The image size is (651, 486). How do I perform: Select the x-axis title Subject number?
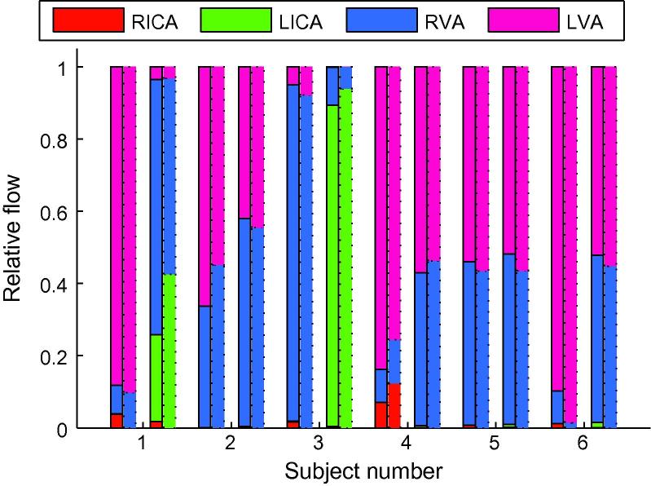click(x=363, y=471)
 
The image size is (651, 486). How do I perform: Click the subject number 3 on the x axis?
click(x=319, y=444)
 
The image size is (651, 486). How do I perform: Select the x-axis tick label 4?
click(x=407, y=444)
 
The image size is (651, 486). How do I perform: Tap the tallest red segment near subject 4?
click(x=394, y=405)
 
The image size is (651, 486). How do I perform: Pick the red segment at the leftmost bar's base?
click(x=117, y=421)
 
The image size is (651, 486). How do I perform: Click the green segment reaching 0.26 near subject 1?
click(x=156, y=378)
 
